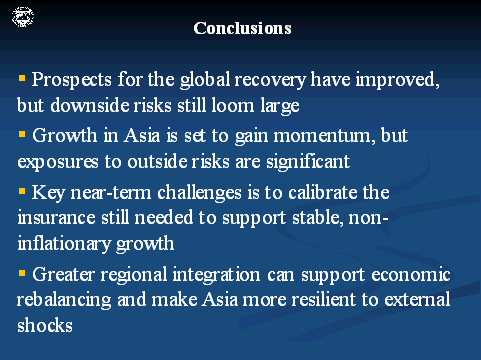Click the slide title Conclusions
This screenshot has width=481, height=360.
(242, 28)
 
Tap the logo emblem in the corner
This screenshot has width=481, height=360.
(23, 17)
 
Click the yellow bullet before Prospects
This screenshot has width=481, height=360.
(22, 78)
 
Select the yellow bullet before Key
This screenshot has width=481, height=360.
(22, 191)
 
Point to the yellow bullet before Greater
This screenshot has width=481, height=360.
(22, 274)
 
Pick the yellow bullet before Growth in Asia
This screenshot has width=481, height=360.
(22, 134)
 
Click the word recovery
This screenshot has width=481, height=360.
(270, 81)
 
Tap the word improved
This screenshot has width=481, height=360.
(398, 80)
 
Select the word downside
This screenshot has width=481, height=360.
(90, 105)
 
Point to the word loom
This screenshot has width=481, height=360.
(232, 105)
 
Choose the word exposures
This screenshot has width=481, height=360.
(58, 162)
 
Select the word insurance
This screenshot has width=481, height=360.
(56, 218)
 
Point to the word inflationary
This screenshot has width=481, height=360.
(64, 244)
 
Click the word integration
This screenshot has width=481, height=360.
(216, 275)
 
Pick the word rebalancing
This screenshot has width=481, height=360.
(64, 300)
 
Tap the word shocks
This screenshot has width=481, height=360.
(45, 325)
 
